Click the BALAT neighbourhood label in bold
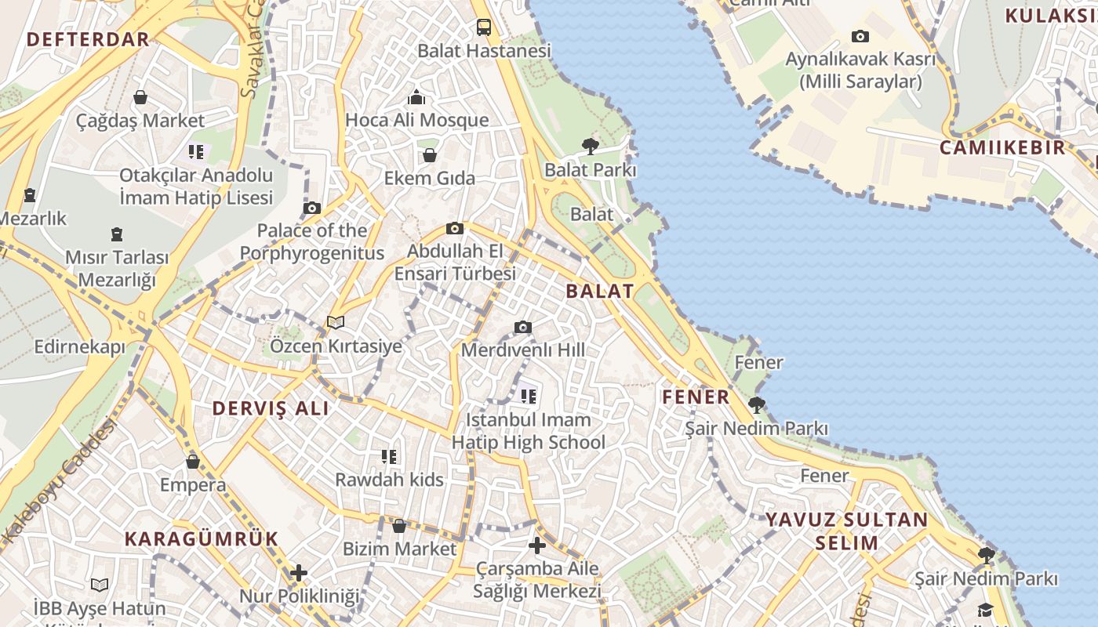click(x=600, y=291)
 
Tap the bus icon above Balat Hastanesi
click(x=485, y=27)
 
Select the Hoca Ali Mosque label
click(x=416, y=120)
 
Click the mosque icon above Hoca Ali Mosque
click(x=416, y=97)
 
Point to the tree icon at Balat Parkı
click(x=591, y=146)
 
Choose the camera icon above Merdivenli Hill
click(x=523, y=327)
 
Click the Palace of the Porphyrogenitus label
click(x=312, y=241)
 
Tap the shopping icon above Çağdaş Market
click(x=140, y=97)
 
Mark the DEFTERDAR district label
click(x=87, y=39)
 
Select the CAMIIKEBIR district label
click(x=1003, y=147)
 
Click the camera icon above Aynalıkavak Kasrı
click(x=860, y=36)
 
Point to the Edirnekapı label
click(x=79, y=346)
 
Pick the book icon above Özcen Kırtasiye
click(x=336, y=322)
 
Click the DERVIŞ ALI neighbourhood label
click(x=271, y=408)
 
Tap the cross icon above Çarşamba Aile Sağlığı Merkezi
click(x=537, y=545)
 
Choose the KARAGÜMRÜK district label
click(x=202, y=538)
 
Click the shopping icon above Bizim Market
click(x=399, y=526)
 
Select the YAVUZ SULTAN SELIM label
click(x=846, y=531)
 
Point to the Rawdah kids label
click(x=389, y=479)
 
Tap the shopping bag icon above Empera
click(x=193, y=462)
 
